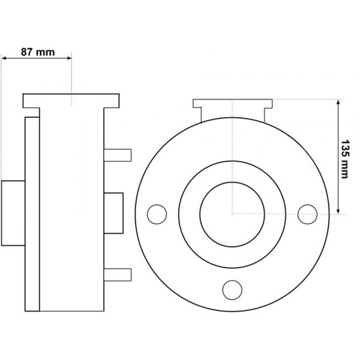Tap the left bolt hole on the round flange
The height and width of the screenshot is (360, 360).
(x=156, y=213)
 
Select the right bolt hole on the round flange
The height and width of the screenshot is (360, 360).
(x=307, y=213)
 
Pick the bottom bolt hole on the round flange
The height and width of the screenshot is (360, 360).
(x=232, y=289)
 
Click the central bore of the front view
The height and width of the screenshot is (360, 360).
(x=232, y=213)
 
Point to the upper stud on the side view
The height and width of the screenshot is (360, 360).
(x=118, y=154)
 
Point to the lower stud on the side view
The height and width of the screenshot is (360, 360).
(x=118, y=274)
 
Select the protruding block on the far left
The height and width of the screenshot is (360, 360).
(x=12, y=213)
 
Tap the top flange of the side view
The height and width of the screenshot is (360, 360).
(x=71, y=101)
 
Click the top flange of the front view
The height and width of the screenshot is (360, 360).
(x=232, y=103)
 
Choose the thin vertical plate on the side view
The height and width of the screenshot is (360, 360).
(x=31, y=213)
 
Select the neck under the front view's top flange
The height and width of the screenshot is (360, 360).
(x=232, y=115)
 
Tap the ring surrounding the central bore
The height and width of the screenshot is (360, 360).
(x=190, y=213)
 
